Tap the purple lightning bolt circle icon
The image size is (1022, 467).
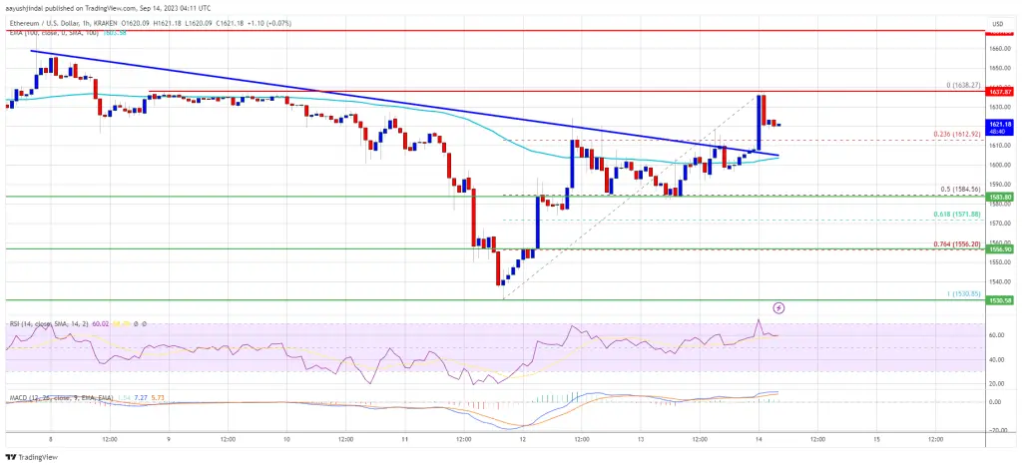pyautogui.click(x=778, y=307)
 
